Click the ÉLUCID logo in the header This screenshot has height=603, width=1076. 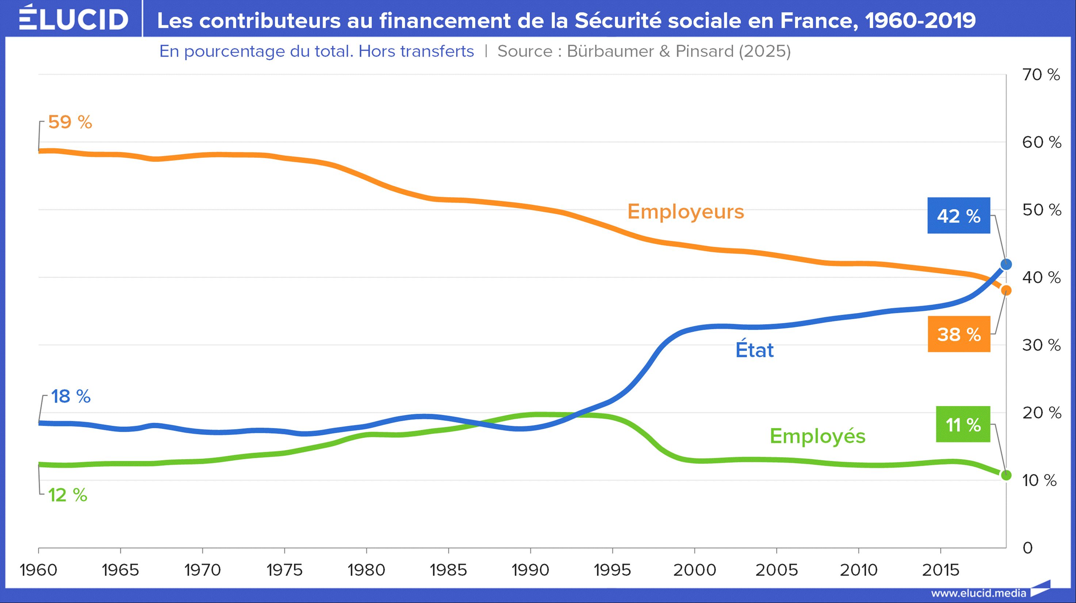click(73, 19)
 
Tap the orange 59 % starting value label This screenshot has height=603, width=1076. click(70, 122)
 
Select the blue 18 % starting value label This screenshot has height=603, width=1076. click(70, 396)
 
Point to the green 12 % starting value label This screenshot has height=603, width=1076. click(68, 495)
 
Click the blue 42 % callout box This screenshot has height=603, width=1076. click(959, 215)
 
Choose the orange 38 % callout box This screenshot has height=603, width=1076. click(959, 334)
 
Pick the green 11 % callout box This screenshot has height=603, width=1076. click(963, 424)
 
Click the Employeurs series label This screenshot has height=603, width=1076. click(686, 211)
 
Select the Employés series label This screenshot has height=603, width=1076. click(817, 436)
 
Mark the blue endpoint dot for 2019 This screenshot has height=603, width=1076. click(1006, 264)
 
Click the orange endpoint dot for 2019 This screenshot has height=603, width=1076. click(1006, 290)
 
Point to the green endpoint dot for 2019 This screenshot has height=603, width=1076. click(1006, 475)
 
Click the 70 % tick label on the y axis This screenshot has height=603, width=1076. click(1041, 75)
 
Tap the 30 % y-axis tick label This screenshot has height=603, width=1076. click(1041, 345)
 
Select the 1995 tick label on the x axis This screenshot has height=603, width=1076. click(613, 570)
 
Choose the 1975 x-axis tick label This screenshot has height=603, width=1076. click(285, 570)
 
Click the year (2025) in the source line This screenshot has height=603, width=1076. click(764, 51)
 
